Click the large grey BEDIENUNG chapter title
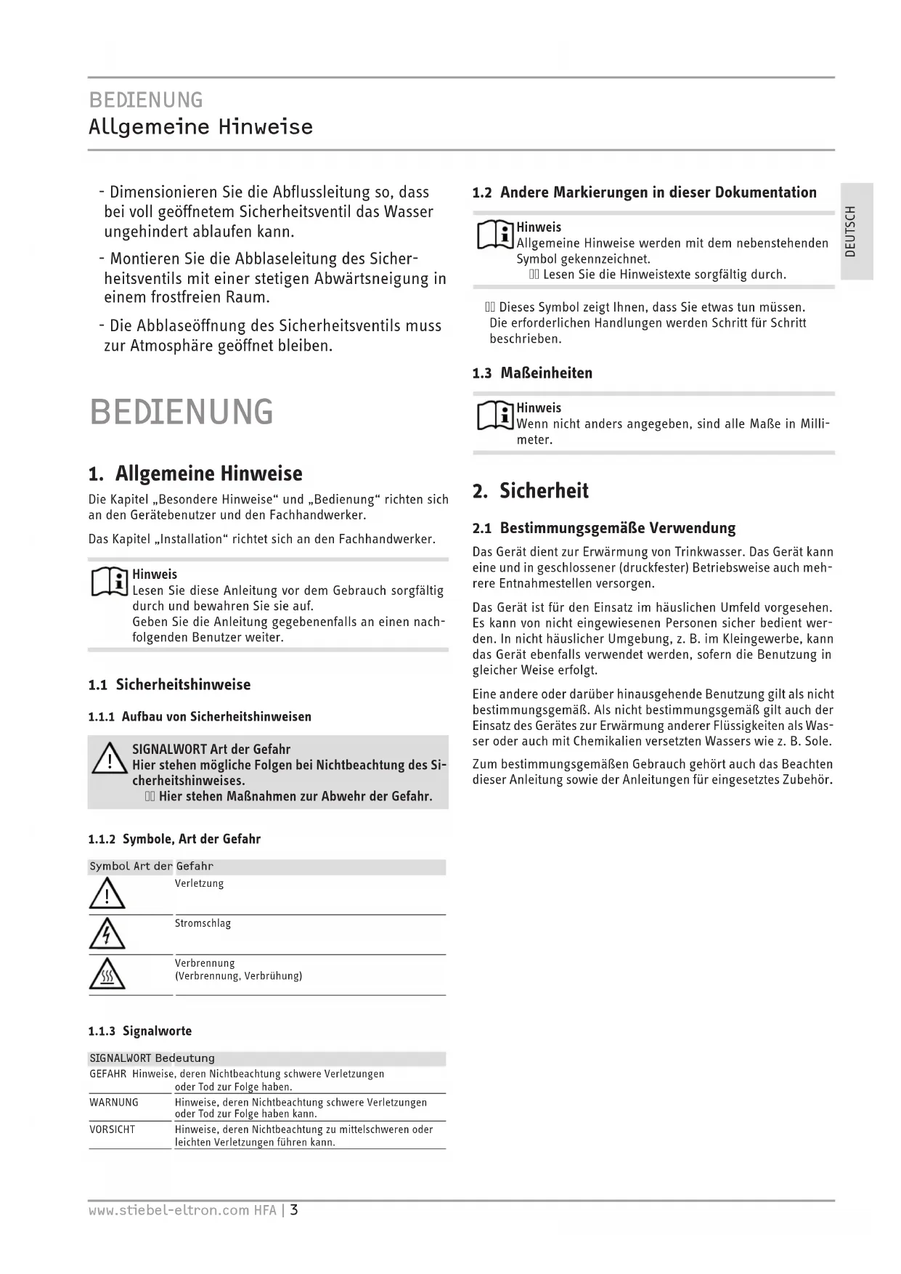point(182,412)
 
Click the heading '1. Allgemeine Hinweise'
point(195,474)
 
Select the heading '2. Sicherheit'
point(530,491)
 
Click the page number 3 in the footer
point(295,1210)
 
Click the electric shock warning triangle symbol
point(107,934)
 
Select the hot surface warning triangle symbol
point(107,974)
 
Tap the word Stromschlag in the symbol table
point(203,923)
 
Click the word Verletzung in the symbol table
point(199,883)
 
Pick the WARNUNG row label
point(114,1102)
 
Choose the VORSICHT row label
point(112,1129)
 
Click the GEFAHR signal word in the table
point(107,1074)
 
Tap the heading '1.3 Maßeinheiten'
point(532,373)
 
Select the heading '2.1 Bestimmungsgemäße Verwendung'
point(603,528)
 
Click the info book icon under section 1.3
point(495,415)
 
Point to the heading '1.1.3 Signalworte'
point(140,1031)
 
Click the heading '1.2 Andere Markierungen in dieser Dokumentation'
point(644,192)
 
